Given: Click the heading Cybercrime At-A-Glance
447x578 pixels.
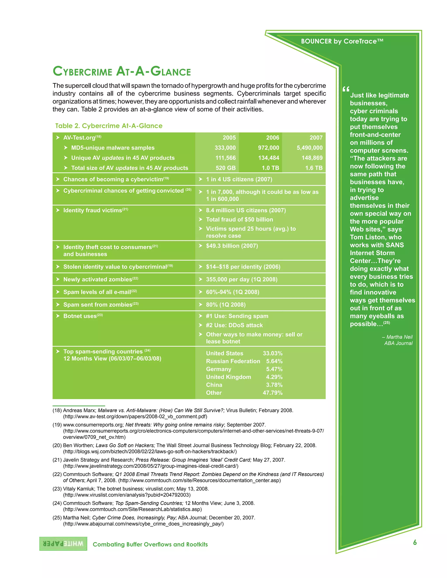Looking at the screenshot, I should tap(122, 72).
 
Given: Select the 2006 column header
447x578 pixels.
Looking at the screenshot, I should tap(272, 138).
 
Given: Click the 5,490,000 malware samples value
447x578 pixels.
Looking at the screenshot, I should tap(309, 148).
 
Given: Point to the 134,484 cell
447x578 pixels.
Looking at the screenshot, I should tap(268, 158).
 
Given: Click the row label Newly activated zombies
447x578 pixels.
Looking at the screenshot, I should tap(97, 279).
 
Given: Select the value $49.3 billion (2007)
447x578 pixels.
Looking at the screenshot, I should tap(232, 246).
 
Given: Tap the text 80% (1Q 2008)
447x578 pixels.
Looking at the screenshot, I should tap(226, 305).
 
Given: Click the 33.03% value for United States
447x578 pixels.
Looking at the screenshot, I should tap(272, 353).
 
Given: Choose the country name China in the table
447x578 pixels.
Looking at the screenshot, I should tap(214, 385).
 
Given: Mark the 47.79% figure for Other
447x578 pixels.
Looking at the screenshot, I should tap(272, 393).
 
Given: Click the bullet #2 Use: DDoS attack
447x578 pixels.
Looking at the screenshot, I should tap(234, 325).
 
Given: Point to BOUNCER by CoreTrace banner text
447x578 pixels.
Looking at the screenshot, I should tap(342, 41).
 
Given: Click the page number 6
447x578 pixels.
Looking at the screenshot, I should tap(415, 542).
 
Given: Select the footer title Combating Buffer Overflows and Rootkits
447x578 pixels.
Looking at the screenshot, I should tap(150, 544).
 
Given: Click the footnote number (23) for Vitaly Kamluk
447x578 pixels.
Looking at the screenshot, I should tap(57, 489).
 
